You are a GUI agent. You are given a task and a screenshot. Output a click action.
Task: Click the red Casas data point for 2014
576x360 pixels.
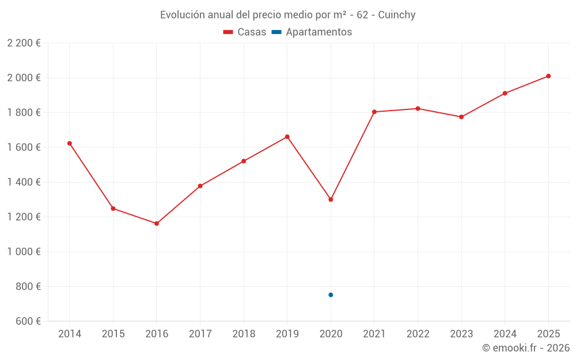coord(70,143)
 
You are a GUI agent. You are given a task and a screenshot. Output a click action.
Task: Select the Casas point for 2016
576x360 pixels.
coord(157,223)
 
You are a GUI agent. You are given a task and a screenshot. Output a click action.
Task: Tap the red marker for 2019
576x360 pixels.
coord(287,137)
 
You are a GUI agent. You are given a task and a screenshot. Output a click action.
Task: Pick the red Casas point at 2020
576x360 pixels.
coord(331,199)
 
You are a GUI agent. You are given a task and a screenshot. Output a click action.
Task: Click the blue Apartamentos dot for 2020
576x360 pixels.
coord(331,294)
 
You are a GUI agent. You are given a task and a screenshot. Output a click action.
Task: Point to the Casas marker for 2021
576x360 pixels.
coord(374,112)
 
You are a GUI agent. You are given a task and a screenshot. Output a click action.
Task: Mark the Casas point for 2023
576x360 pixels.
coord(461,117)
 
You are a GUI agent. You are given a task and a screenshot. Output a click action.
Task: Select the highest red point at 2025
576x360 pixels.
coord(548,76)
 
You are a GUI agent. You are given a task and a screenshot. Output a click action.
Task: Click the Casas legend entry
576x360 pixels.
coord(245,32)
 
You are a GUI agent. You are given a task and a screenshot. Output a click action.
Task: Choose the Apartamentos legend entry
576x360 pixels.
coord(312,32)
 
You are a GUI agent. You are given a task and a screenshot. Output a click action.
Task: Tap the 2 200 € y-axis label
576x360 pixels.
coord(24,43)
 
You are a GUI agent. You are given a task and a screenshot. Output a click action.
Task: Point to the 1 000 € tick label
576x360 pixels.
coord(24,252)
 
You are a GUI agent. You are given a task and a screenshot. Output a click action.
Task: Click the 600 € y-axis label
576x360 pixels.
coord(28,321)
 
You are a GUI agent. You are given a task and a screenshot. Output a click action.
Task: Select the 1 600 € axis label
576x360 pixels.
coord(24,147)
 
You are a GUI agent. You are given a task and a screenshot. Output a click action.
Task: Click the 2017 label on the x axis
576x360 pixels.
coord(200,334)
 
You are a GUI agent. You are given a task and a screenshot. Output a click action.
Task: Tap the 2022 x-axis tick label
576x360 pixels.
coord(418,334)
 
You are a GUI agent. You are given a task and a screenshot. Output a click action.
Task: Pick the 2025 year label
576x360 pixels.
coord(548,334)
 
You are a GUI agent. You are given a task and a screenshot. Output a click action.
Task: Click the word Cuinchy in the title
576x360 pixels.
coord(397,15)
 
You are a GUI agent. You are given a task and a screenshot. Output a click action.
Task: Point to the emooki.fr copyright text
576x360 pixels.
coord(526,347)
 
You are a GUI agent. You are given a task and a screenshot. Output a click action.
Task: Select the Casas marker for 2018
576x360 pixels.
coord(244,161)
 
